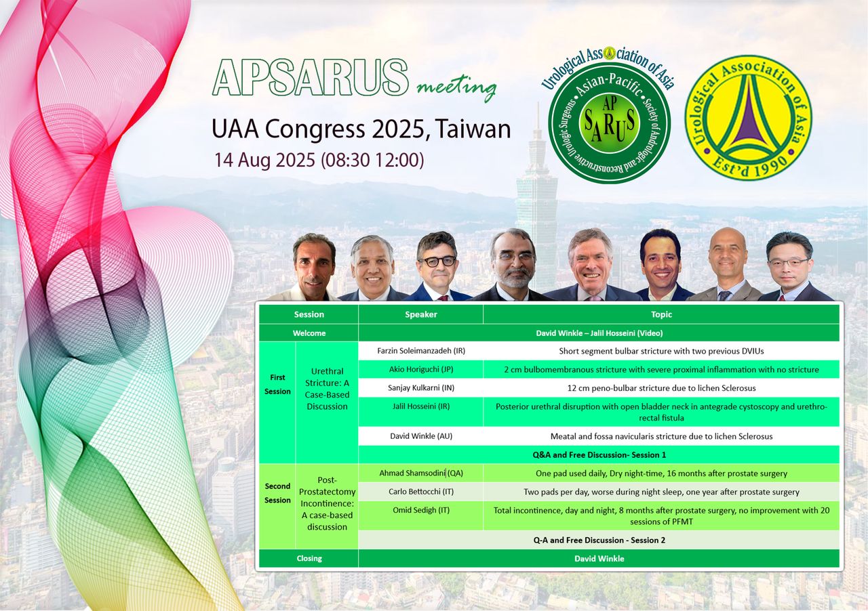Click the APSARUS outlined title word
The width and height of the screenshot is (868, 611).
tap(311, 77)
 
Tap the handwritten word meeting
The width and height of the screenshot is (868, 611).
tap(456, 87)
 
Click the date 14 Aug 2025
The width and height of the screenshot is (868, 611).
tap(264, 160)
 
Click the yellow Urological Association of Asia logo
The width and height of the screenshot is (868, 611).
tap(748, 117)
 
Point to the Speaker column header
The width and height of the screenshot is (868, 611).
tap(421, 314)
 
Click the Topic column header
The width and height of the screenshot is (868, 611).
tap(661, 314)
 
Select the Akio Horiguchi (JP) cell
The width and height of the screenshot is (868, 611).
tap(421, 369)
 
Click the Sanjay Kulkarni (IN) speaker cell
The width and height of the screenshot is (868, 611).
tap(421, 388)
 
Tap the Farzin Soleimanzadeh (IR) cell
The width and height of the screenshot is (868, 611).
tap(421, 351)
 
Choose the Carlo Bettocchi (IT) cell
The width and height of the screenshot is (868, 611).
tap(421, 492)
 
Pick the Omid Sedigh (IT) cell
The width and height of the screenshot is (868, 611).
tap(421, 515)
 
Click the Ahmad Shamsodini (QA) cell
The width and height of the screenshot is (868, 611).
tap(421, 473)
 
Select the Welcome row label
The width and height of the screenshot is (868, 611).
tap(309, 333)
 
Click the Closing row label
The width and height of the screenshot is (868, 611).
tap(309, 558)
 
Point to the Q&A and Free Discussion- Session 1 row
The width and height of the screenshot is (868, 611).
tap(599, 455)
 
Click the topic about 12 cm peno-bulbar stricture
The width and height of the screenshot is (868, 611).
tap(661, 388)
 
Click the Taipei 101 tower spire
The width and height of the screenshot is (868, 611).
tap(538, 120)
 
